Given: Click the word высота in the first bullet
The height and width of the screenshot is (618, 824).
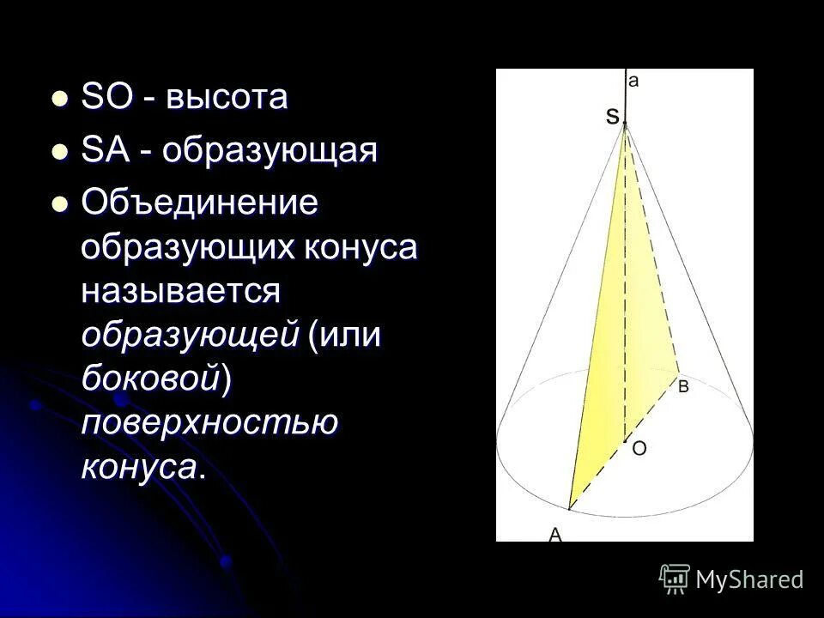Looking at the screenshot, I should (227, 98).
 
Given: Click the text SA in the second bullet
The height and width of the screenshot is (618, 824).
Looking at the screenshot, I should (104, 152).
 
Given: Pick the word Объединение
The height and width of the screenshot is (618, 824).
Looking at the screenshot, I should (200, 205).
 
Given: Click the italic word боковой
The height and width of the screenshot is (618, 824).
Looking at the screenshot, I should (151, 378).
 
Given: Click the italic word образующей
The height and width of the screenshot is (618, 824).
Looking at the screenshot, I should (189, 335).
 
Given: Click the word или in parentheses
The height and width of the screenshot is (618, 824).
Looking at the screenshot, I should (351, 335).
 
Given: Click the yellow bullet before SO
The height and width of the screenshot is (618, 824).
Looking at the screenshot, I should (59, 99).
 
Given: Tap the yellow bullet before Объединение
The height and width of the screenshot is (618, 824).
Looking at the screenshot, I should (59, 206).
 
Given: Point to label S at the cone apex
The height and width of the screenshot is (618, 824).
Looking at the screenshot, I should (612, 117).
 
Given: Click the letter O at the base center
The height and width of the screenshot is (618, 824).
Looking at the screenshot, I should (639, 448).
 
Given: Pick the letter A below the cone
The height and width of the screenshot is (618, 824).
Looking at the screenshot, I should (555, 534).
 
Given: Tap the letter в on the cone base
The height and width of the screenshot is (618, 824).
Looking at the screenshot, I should (683, 386).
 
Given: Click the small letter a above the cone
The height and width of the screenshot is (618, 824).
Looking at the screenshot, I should (633, 81).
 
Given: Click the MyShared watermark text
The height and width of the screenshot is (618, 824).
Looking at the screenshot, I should (749, 579).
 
